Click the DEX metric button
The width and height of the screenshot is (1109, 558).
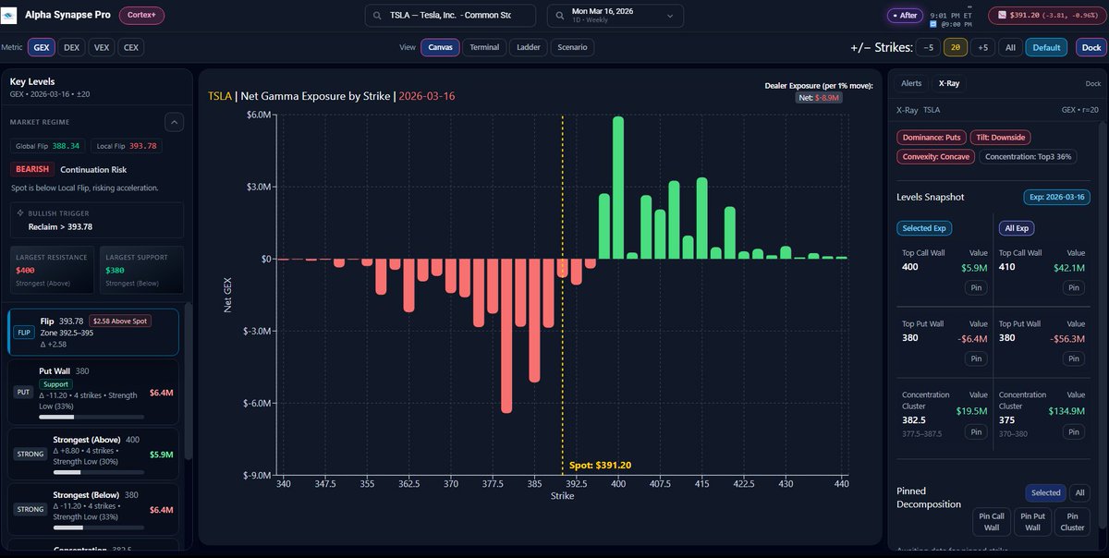pos(71,47)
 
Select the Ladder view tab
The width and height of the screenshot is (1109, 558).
pos(528,47)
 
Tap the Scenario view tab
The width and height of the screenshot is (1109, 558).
pos(573,47)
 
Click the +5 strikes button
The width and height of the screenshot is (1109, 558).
pos(982,47)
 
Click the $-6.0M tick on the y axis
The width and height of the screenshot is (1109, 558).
pos(252,403)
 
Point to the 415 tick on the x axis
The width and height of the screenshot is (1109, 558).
pos(701,483)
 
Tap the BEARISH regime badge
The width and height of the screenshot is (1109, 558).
pos(32,169)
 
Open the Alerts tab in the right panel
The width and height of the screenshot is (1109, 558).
pos(911,83)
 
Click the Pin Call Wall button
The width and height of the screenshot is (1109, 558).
pos(991,521)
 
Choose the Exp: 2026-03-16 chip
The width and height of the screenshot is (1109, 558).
pos(1056,197)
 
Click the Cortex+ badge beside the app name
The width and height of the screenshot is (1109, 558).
pos(141,16)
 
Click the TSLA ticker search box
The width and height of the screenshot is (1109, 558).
pos(450,16)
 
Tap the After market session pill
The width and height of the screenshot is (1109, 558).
pos(905,16)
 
